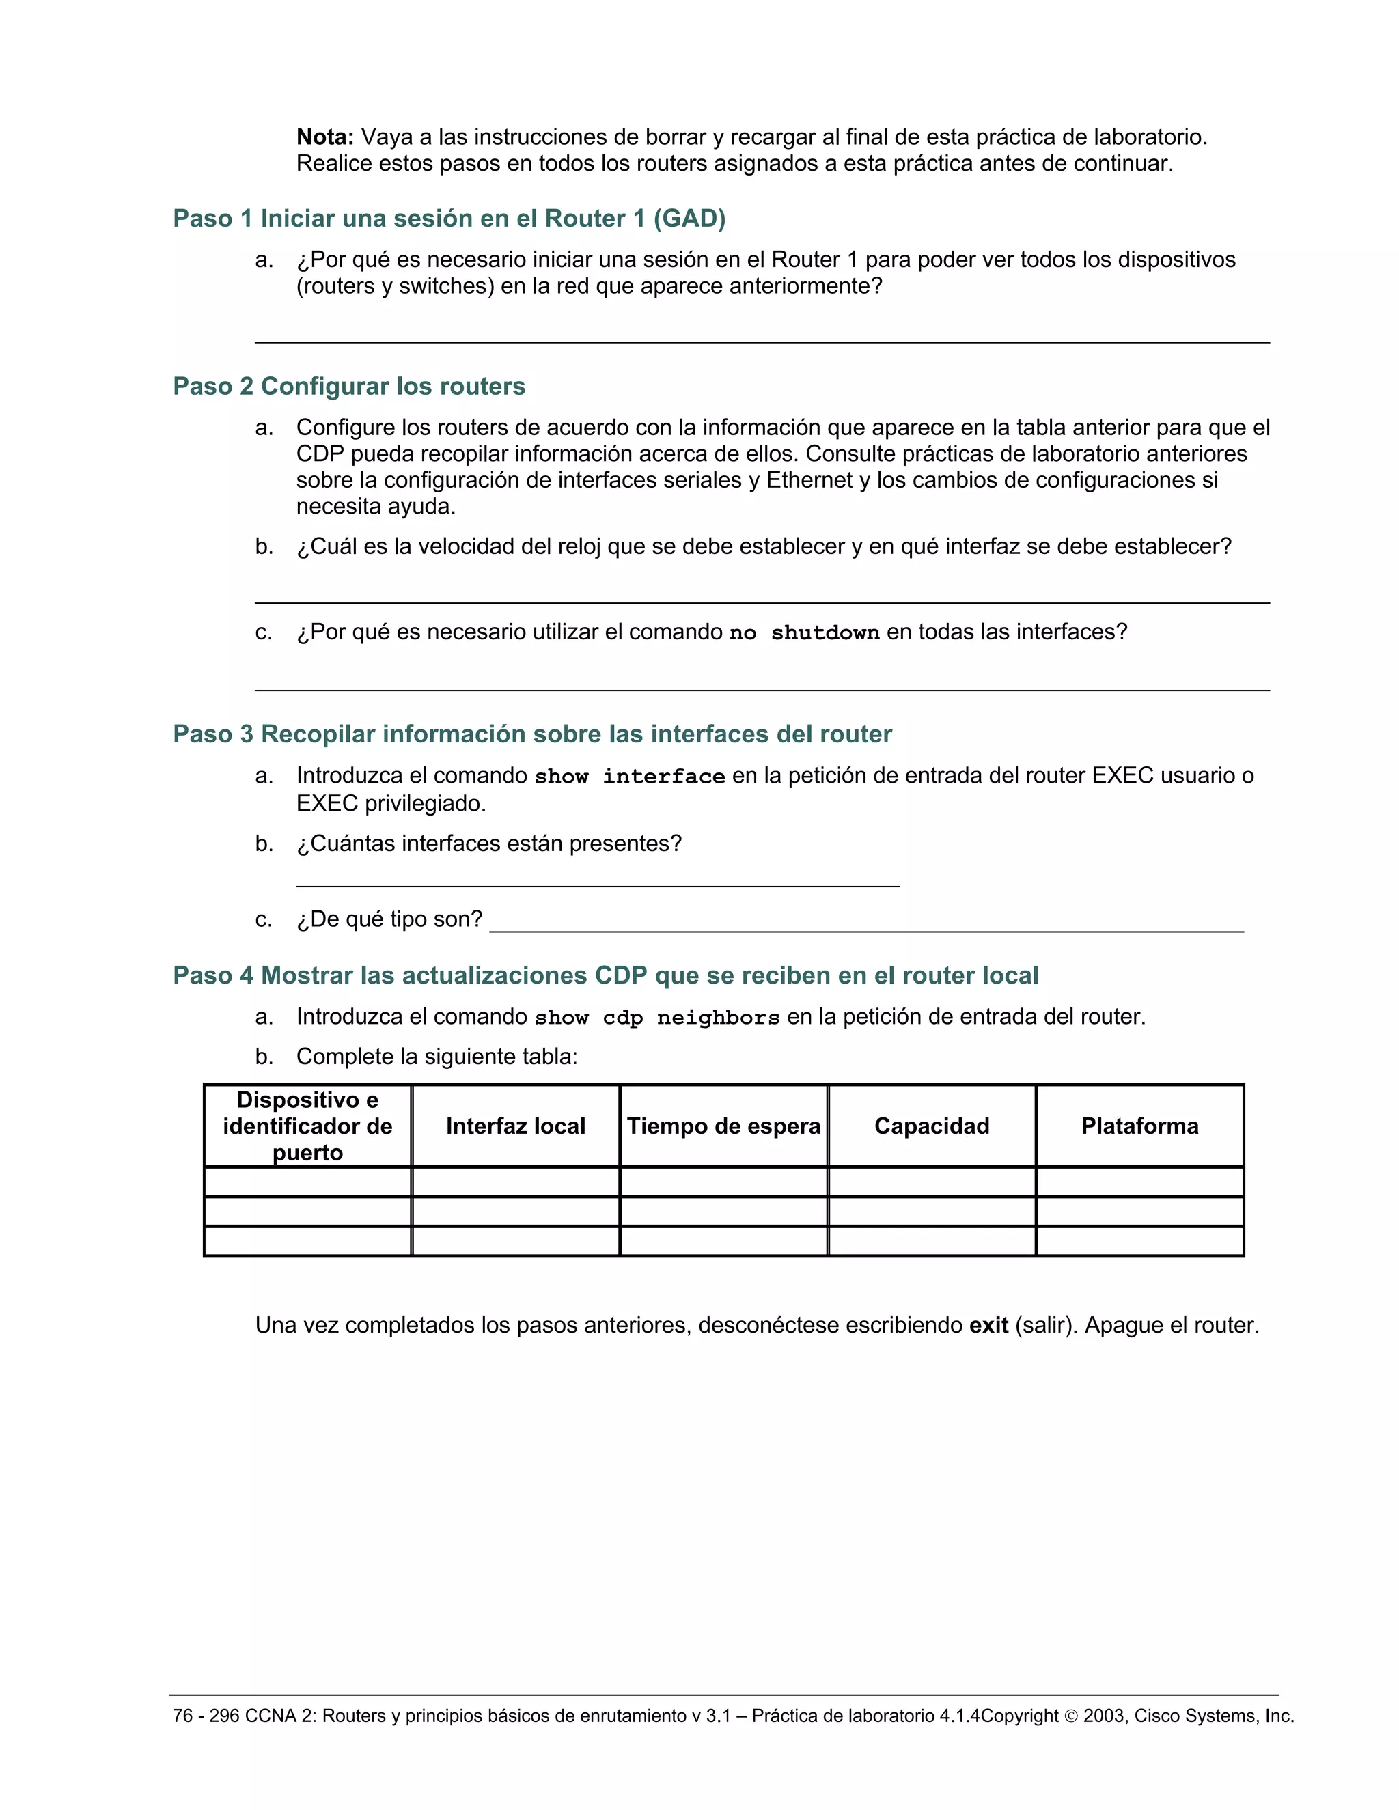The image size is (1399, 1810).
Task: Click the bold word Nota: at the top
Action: [325, 137]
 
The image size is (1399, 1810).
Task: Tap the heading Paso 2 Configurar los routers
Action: [349, 386]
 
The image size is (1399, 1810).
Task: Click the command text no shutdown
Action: [803, 632]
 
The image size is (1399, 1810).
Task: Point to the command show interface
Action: [629, 776]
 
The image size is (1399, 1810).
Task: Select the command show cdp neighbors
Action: [656, 1017]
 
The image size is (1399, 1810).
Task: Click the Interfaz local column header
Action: [516, 1126]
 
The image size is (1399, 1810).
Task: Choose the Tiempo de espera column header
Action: [723, 1126]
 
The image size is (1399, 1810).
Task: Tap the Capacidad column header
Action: [932, 1126]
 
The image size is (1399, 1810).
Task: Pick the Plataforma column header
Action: [1139, 1126]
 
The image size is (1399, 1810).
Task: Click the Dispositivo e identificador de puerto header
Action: [307, 1126]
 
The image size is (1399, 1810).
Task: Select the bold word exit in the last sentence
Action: [988, 1325]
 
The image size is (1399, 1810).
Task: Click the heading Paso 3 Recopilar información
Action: [532, 734]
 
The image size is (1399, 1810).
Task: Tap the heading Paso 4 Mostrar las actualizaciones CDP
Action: [605, 975]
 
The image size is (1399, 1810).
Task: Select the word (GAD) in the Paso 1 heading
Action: [689, 219]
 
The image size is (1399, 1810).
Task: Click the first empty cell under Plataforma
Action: [1139, 1182]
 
